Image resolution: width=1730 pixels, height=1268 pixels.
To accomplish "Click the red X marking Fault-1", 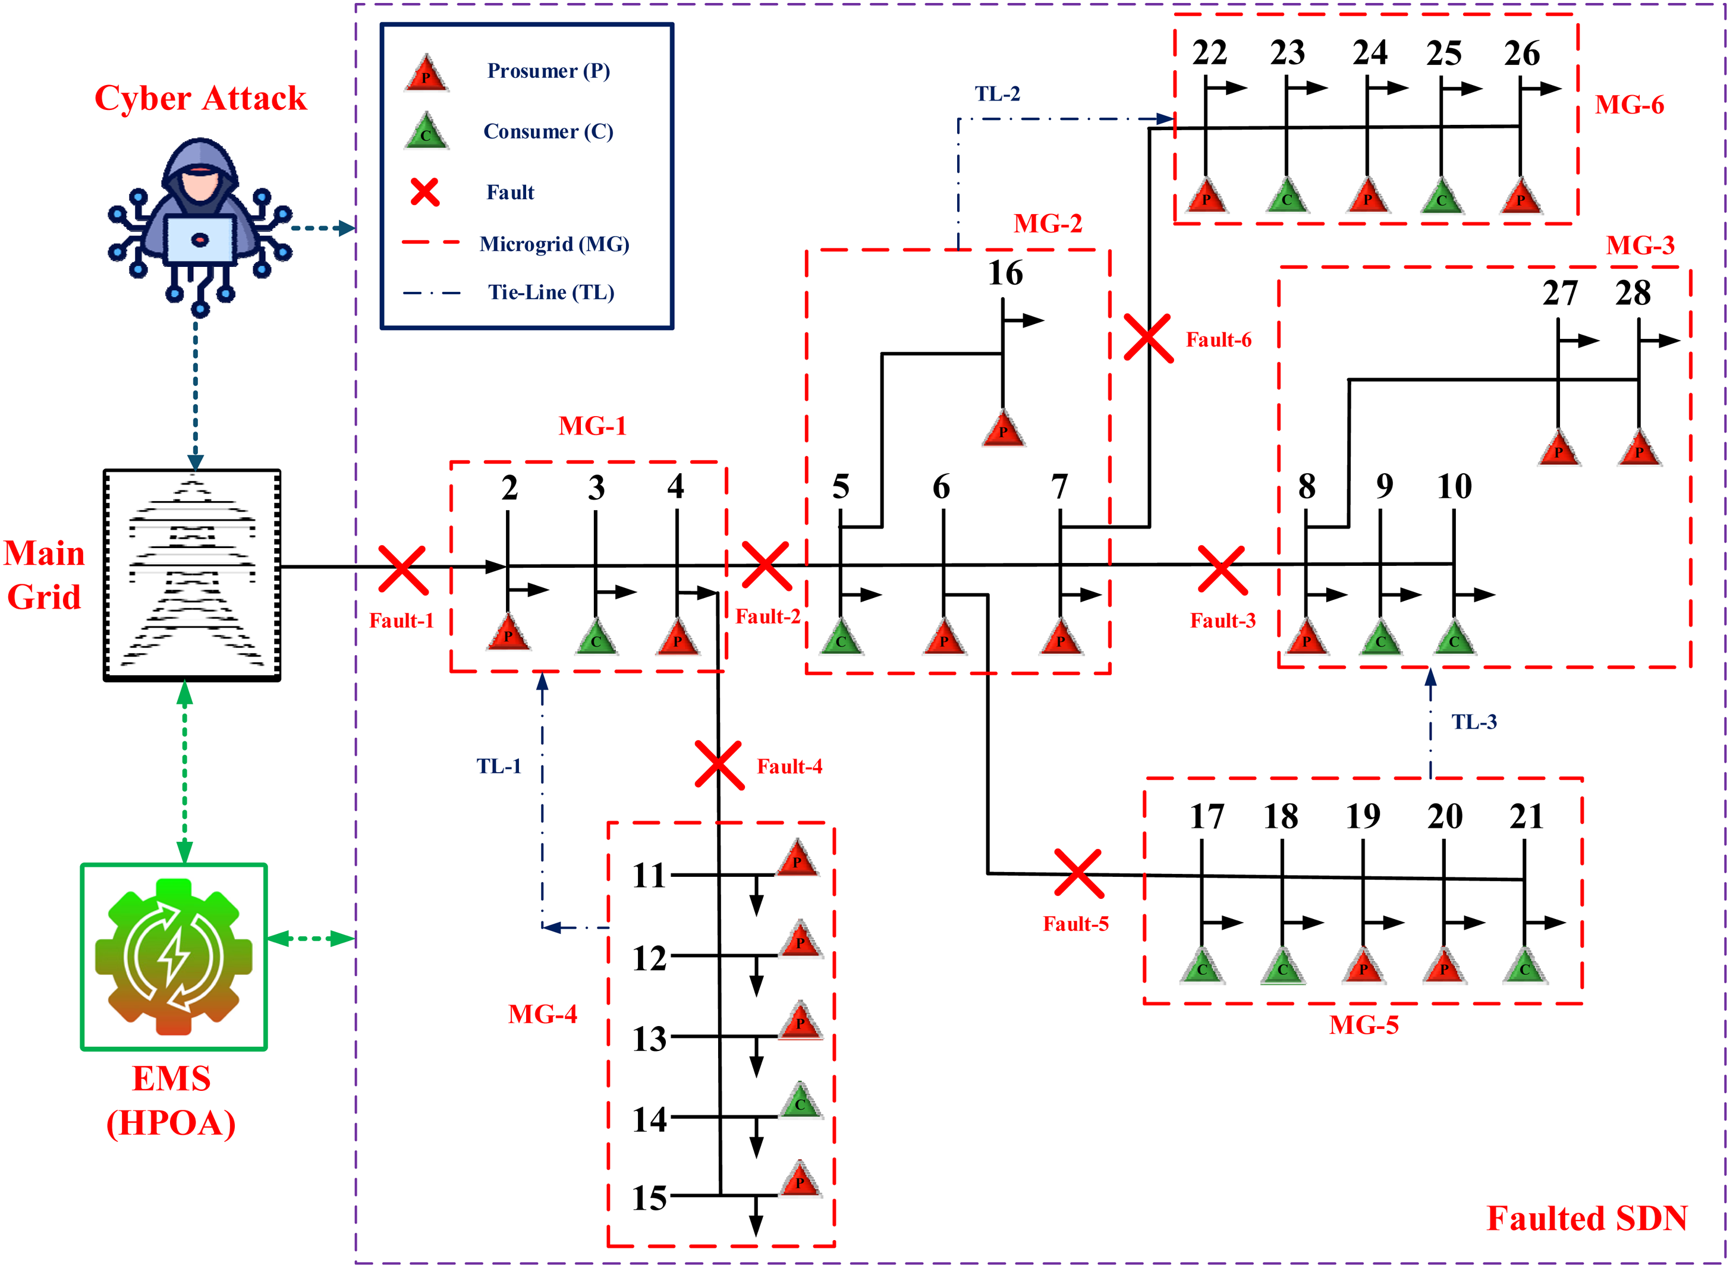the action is coord(402,570).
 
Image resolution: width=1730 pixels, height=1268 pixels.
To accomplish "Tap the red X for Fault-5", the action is coord(1078,873).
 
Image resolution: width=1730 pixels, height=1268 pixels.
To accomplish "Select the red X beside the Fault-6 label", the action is coord(1148,338).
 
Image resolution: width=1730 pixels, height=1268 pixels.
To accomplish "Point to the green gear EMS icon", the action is coord(174,956).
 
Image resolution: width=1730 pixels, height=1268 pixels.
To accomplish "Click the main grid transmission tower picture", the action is coord(192,575).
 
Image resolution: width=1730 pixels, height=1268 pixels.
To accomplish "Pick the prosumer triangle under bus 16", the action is coord(1003,428).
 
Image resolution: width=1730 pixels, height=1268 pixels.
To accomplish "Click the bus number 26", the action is coord(1521,54).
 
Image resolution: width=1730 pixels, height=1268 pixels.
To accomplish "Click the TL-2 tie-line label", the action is coord(997,94).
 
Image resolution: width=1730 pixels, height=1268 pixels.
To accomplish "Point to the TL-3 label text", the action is coord(1474,722).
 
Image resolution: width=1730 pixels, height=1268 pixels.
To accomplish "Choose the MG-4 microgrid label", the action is coord(542,1014).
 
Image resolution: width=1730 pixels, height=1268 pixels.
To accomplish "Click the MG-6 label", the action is coord(1630,105).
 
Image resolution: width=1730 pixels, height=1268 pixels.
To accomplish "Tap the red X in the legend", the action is coord(424,192).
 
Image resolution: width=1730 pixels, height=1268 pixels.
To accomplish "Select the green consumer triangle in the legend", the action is coord(426,130).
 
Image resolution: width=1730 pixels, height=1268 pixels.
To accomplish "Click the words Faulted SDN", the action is coord(1587,1218).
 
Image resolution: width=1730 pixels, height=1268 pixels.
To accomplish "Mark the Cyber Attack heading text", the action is coord(200,98).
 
